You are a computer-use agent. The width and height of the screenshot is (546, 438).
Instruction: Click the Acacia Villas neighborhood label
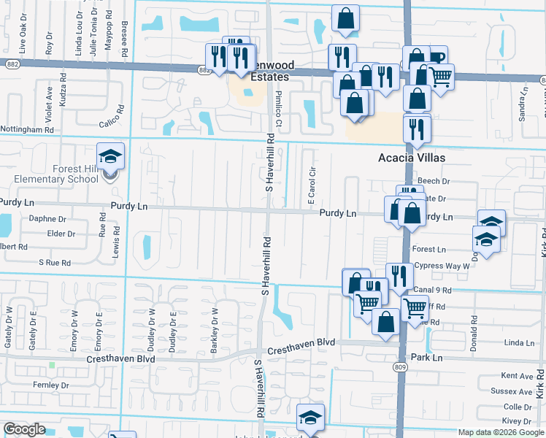[411, 158]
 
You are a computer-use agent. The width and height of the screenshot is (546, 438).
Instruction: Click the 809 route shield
[399, 366]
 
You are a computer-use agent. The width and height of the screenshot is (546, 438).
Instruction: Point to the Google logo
[24, 429]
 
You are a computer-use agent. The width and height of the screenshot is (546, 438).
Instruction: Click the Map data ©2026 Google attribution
[501, 432]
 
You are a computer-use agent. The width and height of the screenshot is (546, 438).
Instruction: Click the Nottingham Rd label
[27, 129]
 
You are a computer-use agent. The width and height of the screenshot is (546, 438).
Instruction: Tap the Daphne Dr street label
[47, 218]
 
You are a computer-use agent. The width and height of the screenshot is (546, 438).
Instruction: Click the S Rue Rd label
[55, 262]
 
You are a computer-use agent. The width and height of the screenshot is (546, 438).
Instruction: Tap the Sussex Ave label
[517, 391]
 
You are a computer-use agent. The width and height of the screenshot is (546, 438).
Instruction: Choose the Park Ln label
[427, 358]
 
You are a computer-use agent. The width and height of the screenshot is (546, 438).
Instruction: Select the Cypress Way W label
[442, 266]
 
